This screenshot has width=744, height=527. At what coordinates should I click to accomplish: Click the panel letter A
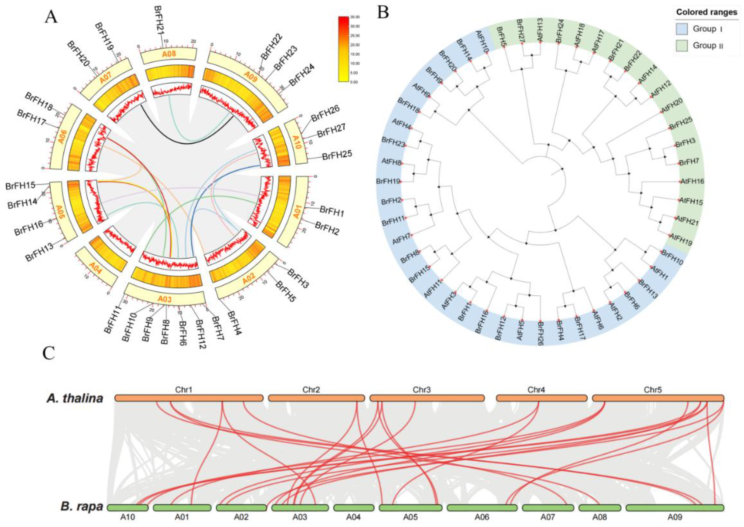point(51,17)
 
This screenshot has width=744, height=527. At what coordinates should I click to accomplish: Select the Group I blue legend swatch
point(682,29)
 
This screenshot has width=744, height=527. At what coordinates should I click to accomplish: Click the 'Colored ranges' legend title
point(706,12)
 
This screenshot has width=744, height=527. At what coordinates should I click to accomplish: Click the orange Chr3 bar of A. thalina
point(427,398)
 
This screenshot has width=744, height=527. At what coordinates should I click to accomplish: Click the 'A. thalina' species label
point(75,398)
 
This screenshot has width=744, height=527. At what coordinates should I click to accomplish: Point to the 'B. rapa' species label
point(82,506)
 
